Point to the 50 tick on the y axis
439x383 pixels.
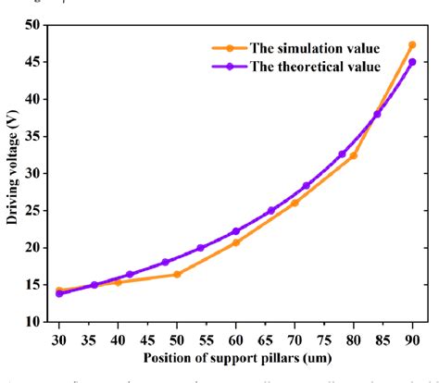(x=36, y=25)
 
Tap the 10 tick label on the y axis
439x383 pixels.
(x=36, y=322)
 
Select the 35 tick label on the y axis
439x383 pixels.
(x=36, y=136)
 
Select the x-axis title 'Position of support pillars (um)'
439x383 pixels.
(x=235, y=357)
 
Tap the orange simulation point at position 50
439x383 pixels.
(x=177, y=274)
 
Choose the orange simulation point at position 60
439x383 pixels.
(x=236, y=242)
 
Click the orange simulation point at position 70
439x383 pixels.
(x=295, y=202)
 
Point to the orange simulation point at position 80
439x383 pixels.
(x=353, y=155)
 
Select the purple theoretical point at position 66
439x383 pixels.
(x=271, y=211)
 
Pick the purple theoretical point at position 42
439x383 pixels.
(x=130, y=274)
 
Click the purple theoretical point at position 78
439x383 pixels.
(x=342, y=154)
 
